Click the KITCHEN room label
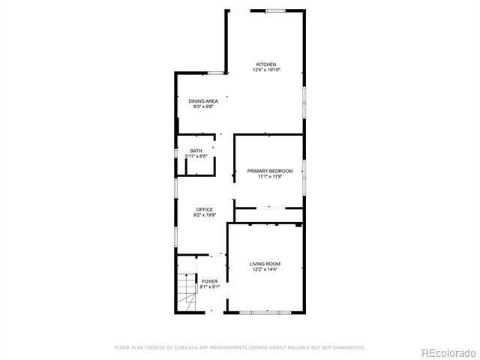tap(266, 64)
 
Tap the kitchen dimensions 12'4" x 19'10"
tap(266, 70)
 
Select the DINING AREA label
tap(203, 101)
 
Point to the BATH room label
tap(196, 151)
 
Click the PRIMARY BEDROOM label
tap(270, 171)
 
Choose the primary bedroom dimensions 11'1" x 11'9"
tap(270, 176)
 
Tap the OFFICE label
tap(205, 209)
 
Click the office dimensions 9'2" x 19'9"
tap(205, 215)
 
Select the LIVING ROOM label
tap(265, 264)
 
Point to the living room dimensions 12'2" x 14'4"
tap(265, 269)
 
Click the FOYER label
tap(210, 281)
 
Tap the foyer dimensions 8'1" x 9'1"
tap(210, 286)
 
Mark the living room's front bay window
tap(265, 313)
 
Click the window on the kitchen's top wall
tap(275, 11)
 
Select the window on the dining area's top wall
tap(216, 73)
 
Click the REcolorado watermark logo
tap(448, 353)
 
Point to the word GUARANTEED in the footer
tap(349, 348)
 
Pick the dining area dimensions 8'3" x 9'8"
tap(203, 106)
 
